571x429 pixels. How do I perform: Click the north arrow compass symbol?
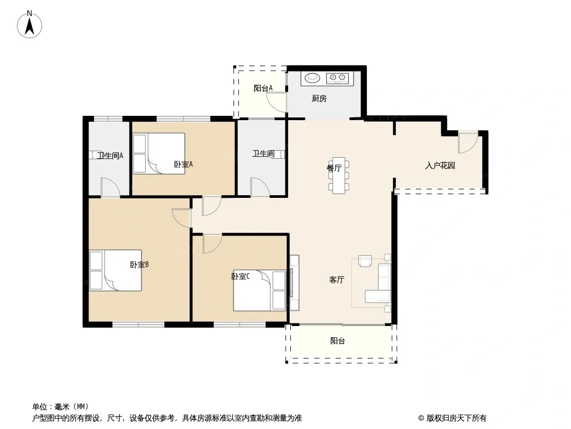pos(29,25)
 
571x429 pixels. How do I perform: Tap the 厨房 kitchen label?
pos(319,99)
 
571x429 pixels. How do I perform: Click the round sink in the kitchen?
pos(312,77)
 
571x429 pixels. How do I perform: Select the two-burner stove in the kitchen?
pos(337,78)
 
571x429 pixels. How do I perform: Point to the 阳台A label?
pos(263,88)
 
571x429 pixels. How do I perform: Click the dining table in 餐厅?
pos(339,175)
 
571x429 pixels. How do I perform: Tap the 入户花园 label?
pos(440,166)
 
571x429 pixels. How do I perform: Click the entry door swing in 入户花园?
pos(468,143)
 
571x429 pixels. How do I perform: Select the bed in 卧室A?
pos(159,153)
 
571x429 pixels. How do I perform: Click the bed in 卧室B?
pos(116,270)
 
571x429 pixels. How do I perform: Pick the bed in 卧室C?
pos(260,290)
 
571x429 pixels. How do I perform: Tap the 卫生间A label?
pos(110,156)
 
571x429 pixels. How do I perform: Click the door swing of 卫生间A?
pos(110,187)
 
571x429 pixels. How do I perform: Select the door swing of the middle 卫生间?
pos(260,187)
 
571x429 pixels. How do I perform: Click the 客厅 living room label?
pos(336,279)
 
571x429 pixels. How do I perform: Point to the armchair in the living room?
pos(365,261)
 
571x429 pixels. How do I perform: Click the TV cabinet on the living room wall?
pos(294,283)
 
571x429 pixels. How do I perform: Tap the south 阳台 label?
pos(337,341)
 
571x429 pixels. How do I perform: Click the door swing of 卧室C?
pos(212,243)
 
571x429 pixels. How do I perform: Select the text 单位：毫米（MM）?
pos(61,407)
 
